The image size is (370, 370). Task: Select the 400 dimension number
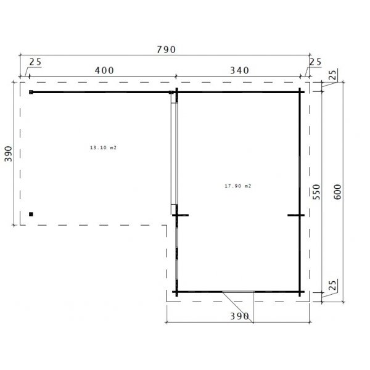click(x=104, y=70)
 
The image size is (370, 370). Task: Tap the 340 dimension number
click(x=237, y=70)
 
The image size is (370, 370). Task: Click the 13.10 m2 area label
click(x=102, y=148)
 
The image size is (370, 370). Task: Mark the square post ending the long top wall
click(x=30, y=92)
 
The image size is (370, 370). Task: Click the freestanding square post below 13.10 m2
click(x=30, y=214)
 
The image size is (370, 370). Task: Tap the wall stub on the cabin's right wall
click(x=295, y=215)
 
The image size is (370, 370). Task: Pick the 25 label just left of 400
click(x=35, y=62)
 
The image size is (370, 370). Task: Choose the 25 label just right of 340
click(x=316, y=61)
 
